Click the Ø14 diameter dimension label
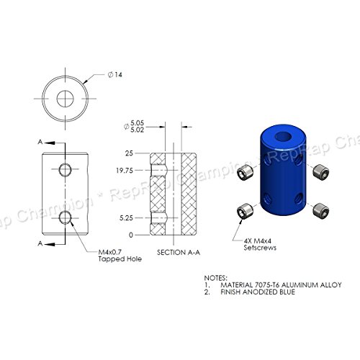coord(115,75)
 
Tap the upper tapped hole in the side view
coord(66,170)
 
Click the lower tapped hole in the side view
coord(66,217)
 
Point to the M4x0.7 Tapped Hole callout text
coord(120,256)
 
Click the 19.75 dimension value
coord(125,171)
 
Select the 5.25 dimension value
coord(126,218)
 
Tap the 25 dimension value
coord(129,153)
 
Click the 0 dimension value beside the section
coord(131,235)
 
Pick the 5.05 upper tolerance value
coord(137,123)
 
